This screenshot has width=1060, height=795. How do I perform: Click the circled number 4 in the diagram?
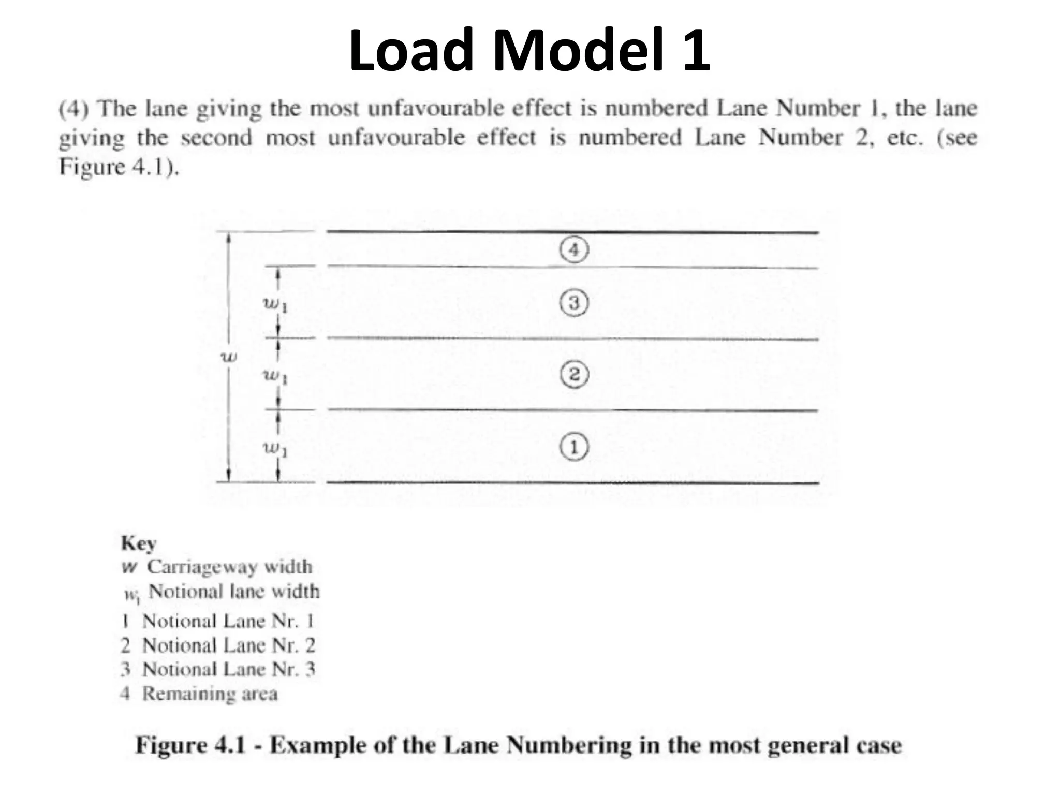(x=574, y=251)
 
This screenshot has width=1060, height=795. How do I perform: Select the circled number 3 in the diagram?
(x=574, y=303)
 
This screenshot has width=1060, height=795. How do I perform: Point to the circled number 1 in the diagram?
(x=574, y=447)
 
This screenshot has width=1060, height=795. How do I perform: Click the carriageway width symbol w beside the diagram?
(x=229, y=357)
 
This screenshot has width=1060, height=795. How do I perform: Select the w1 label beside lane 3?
(x=275, y=304)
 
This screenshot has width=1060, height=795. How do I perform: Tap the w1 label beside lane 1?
(x=275, y=448)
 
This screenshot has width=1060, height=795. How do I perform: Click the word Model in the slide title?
(x=578, y=50)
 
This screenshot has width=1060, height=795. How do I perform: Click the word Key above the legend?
(x=138, y=543)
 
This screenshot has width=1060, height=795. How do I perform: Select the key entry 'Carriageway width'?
(x=229, y=567)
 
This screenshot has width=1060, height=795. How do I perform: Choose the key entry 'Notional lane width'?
(x=233, y=592)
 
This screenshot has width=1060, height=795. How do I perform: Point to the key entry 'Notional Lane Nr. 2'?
(x=228, y=645)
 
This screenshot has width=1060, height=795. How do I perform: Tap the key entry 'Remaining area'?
(x=210, y=694)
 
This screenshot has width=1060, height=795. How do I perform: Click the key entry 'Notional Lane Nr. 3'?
(x=228, y=669)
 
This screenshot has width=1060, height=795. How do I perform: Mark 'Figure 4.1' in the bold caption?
(x=190, y=745)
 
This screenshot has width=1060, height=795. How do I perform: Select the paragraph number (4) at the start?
(x=74, y=109)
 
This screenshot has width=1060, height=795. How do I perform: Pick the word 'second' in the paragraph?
(x=216, y=138)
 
